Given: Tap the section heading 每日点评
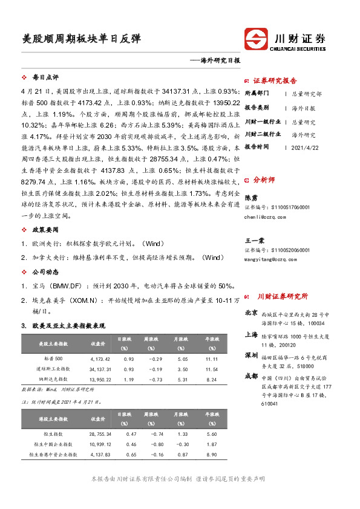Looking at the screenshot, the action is coord(45,77).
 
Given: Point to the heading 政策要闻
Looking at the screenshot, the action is coord(45,230).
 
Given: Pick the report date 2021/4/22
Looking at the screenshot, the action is coord(305,146).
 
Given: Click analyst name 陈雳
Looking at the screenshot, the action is coord(250,198).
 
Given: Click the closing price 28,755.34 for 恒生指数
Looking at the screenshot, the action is coord(99,434).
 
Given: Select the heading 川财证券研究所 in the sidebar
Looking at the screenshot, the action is coord(283,296).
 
